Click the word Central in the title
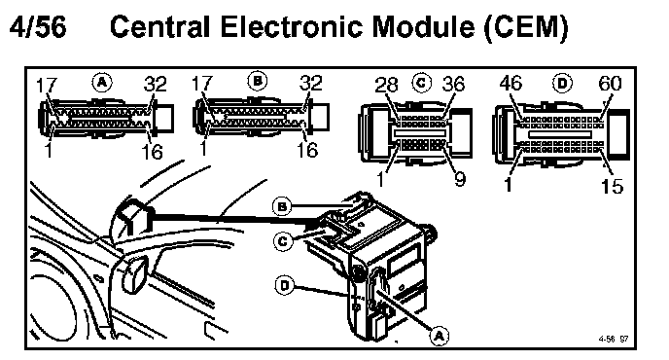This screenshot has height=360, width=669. click(x=160, y=26)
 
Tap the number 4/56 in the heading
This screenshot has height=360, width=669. click(x=38, y=26)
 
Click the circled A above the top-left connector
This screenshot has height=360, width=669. click(x=102, y=82)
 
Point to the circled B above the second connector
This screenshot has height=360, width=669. click(x=258, y=81)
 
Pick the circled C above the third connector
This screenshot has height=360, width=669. click(x=422, y=83)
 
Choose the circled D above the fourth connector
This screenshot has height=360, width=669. click(x=562, y=83)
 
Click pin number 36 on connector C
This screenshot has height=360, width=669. click(x=453, y=84)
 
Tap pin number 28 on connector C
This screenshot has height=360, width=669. click(x=386, y=85)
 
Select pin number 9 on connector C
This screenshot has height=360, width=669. click(x=460, y=178)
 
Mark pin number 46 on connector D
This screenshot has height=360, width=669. click(x=511, y=83)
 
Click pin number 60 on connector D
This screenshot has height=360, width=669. click(x=610, y=83)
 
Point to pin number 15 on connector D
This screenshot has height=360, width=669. click(x=613, y=186)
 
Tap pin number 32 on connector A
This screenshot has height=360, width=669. click(x=155, y=84)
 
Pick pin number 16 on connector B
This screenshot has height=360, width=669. click(x=307, y=150)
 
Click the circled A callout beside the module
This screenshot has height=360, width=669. click(x=440, y=336)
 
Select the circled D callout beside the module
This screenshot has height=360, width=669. click(x=285, y=285)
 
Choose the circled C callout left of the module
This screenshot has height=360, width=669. click(x=283, y=241)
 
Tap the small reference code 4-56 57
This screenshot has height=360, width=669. click(x=614, y=339)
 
